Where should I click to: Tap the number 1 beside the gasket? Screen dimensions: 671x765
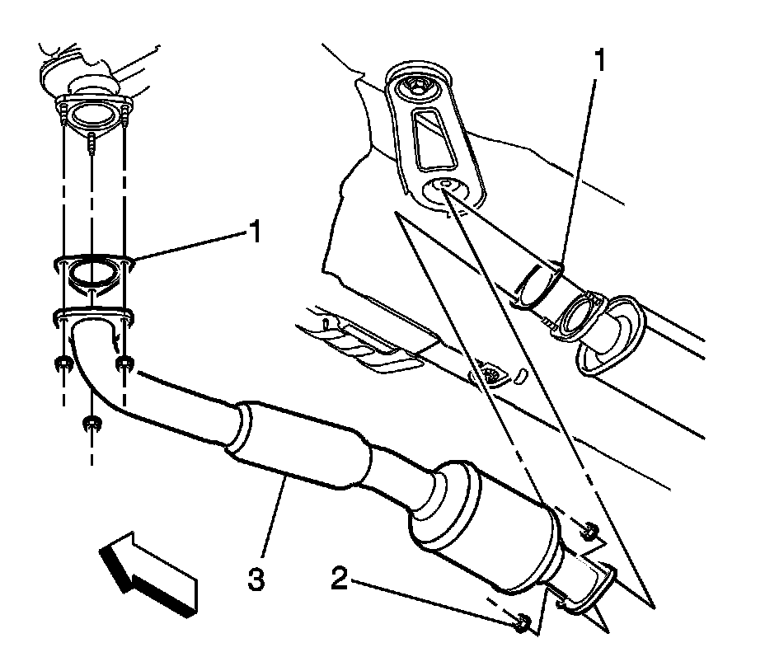click(x=256, y=233)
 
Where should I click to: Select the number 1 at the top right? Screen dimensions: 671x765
click(x=601, y=60)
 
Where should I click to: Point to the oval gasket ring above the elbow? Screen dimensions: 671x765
click(x=92, y=271)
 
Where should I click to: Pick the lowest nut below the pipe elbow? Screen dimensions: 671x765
click(x=92, y=425)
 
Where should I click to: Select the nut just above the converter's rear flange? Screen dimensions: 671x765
click(x=589, y=532)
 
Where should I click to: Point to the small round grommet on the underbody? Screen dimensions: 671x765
click(x=493, y=373)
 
